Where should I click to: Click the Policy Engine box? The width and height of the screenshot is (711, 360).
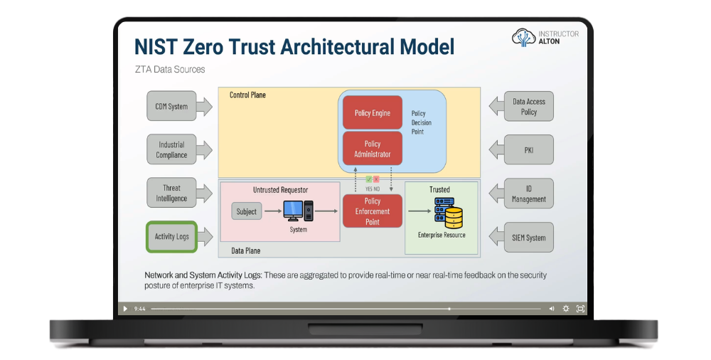[372, 113]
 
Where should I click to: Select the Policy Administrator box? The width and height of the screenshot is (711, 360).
[372, 149]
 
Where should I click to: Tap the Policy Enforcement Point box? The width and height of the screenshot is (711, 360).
[372, 211]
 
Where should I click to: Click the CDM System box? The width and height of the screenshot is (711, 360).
[171, 107]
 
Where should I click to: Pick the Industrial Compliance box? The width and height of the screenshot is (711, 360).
[171, 149]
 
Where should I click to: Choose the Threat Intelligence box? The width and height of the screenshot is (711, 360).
[171, 194]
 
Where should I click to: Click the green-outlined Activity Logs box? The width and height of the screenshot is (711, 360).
[171, 237]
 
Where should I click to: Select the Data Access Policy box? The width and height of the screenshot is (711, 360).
[528, 107]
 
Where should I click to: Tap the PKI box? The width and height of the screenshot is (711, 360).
[528, 150]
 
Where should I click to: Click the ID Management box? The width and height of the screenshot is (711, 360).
[528, 194]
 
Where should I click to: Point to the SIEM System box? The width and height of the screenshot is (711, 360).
[528, 238]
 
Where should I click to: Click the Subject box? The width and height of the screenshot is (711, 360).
[246, 211]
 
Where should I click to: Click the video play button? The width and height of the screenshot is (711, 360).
[125, 309]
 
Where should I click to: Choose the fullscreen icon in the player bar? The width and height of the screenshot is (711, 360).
[580, 309]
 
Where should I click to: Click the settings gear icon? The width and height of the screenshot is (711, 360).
[566, 309]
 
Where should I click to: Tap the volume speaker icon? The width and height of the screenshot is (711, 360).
[551, 309]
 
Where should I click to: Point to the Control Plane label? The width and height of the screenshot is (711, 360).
[247, 95]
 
